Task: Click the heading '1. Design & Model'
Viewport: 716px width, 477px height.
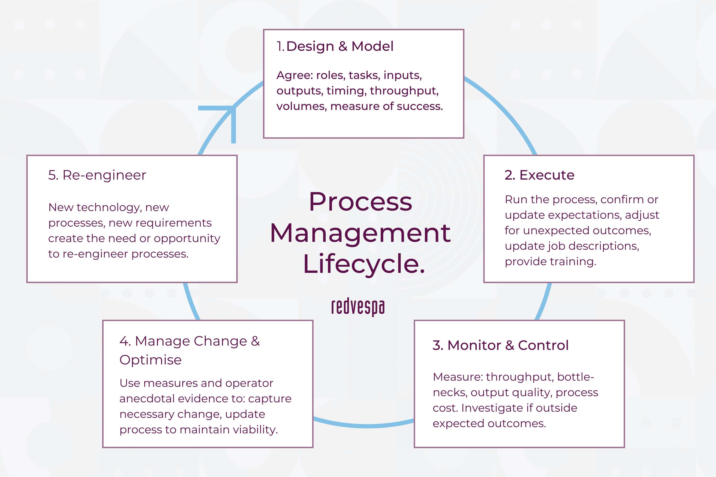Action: click(335, 47)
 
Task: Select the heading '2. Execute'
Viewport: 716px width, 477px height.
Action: click(539, 175)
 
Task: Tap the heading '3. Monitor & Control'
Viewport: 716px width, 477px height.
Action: click(500, 345)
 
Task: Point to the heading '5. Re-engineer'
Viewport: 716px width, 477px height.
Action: click(97, 175)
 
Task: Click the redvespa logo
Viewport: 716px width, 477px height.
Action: click(358, 307)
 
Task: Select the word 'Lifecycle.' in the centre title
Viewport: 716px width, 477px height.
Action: click(364, 264)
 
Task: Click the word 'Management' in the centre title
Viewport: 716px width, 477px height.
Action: click(360, 233)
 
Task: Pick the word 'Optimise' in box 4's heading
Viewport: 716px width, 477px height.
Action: click(150, 360)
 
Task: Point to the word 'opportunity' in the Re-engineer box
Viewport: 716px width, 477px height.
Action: click(187, 239)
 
